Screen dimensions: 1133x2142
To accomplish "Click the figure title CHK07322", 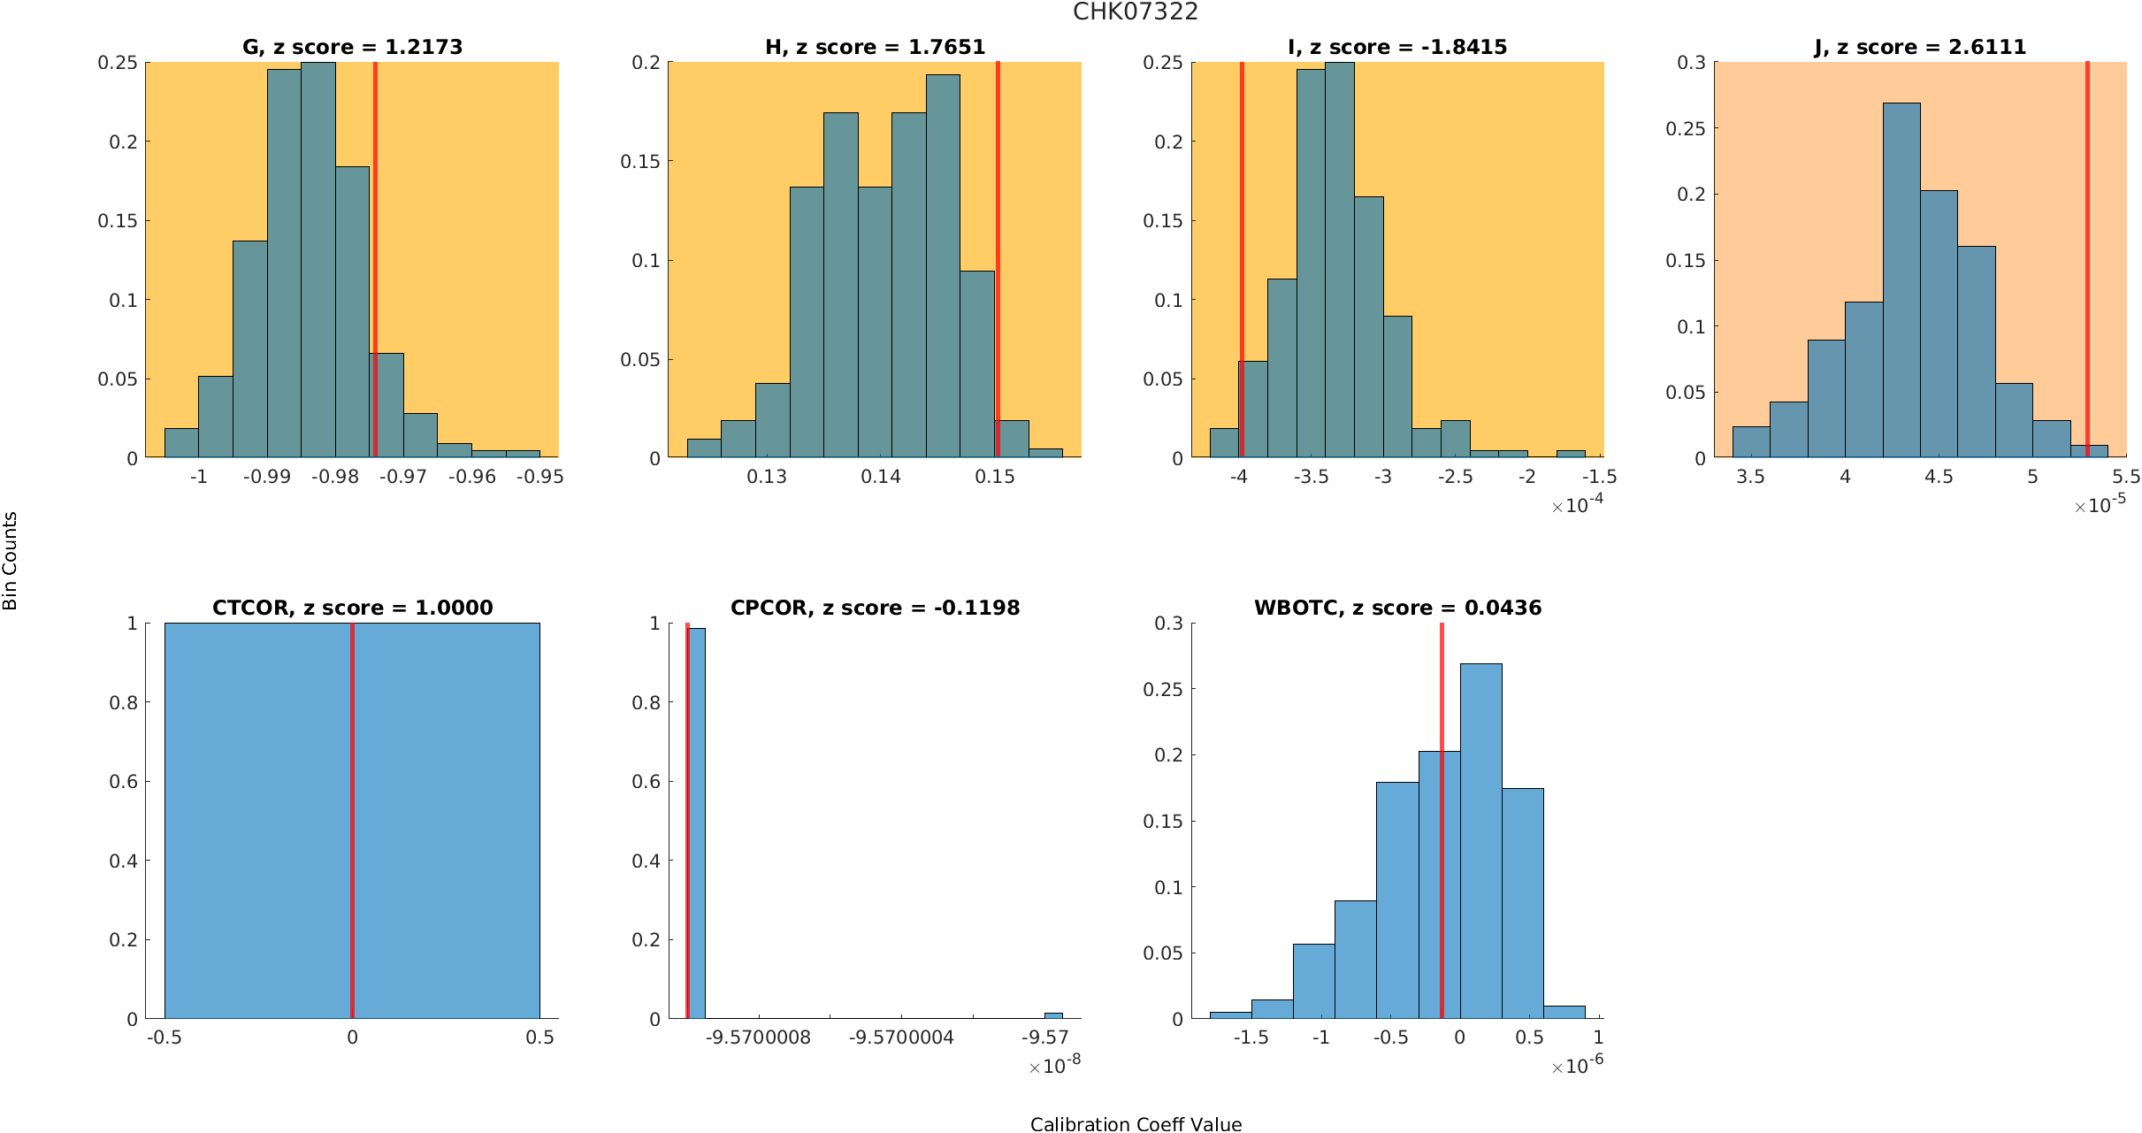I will point(1135,11).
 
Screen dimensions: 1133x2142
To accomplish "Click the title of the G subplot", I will point(352,47).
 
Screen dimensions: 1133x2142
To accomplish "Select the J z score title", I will point(1920,47).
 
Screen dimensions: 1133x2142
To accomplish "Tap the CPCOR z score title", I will point(875,608).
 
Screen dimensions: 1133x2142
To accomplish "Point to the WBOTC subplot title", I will point(1397,608).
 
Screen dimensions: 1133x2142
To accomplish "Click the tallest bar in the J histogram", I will point(1901,283).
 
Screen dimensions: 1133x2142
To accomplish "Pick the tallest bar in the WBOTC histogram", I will point(1480,840).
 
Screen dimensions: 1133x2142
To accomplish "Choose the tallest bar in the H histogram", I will point(943,265).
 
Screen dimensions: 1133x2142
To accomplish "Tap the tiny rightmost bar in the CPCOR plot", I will point(1053,1015).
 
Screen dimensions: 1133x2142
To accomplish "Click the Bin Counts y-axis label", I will point(11,561).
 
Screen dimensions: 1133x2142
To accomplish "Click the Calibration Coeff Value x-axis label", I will point(1136,1124).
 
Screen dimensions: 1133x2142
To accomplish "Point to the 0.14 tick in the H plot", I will point(881,477).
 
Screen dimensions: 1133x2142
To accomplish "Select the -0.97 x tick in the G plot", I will point(403,477).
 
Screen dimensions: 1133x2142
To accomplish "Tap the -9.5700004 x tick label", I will point(901,1037).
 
